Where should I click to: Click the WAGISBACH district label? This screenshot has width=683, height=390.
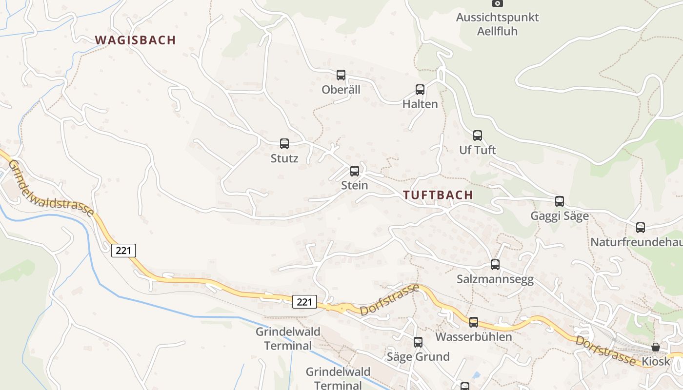(135, 40)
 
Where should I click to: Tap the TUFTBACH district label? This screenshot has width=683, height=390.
(438, 195)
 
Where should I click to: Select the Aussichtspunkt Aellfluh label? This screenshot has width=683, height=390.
(497, 24)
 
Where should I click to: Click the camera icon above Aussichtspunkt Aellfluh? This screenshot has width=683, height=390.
(497, 3)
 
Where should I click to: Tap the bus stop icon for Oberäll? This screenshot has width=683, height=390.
(341, 75)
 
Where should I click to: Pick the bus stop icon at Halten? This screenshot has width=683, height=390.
(420, 90)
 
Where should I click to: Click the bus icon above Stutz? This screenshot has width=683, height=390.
(284, 144)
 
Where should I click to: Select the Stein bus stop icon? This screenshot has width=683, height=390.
(355, 171)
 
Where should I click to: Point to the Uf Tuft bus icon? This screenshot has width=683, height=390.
(478, 136)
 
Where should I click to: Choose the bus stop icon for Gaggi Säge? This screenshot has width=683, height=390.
(560, 201)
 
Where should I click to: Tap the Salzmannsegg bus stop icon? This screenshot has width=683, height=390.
(495, 265)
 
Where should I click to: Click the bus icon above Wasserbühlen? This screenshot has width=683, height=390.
(474, 322)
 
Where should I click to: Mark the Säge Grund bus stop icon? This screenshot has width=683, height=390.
(418, 342)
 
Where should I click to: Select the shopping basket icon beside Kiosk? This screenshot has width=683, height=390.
(656, 347)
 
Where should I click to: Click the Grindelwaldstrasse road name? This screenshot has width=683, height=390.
(51, 188)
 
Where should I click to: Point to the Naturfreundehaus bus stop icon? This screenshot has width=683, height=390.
(641, 228)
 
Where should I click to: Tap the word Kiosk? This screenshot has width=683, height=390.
(656, 362)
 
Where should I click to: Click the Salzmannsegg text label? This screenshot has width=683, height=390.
(495, 279)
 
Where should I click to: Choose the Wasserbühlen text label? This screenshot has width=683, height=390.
(474, 337)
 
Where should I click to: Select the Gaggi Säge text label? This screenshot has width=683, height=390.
(560, 216)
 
